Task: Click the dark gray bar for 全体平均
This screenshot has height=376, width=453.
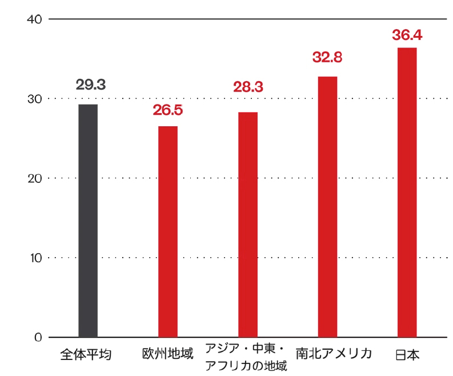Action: (88, 221)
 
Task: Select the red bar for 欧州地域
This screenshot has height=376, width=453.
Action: (168, 231)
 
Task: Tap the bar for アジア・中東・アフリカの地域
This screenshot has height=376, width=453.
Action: (248, 225)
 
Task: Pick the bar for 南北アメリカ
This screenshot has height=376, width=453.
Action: (327, 206)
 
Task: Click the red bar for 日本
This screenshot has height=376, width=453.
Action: (407, 192)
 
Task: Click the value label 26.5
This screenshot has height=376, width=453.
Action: (168, 110)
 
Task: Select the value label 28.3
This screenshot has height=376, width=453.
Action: (248, 87)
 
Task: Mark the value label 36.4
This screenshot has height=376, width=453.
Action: (407, 35)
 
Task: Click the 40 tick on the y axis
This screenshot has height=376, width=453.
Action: (35, 19)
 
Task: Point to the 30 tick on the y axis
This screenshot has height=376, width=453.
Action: (35, 99)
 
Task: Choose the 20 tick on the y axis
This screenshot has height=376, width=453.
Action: (35, 178)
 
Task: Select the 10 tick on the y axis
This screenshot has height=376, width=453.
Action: (35, 258)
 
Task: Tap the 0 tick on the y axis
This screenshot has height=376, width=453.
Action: (38, 337)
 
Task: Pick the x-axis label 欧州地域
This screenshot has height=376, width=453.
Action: (168, 354)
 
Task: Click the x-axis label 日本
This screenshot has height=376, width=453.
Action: (407, 354)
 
